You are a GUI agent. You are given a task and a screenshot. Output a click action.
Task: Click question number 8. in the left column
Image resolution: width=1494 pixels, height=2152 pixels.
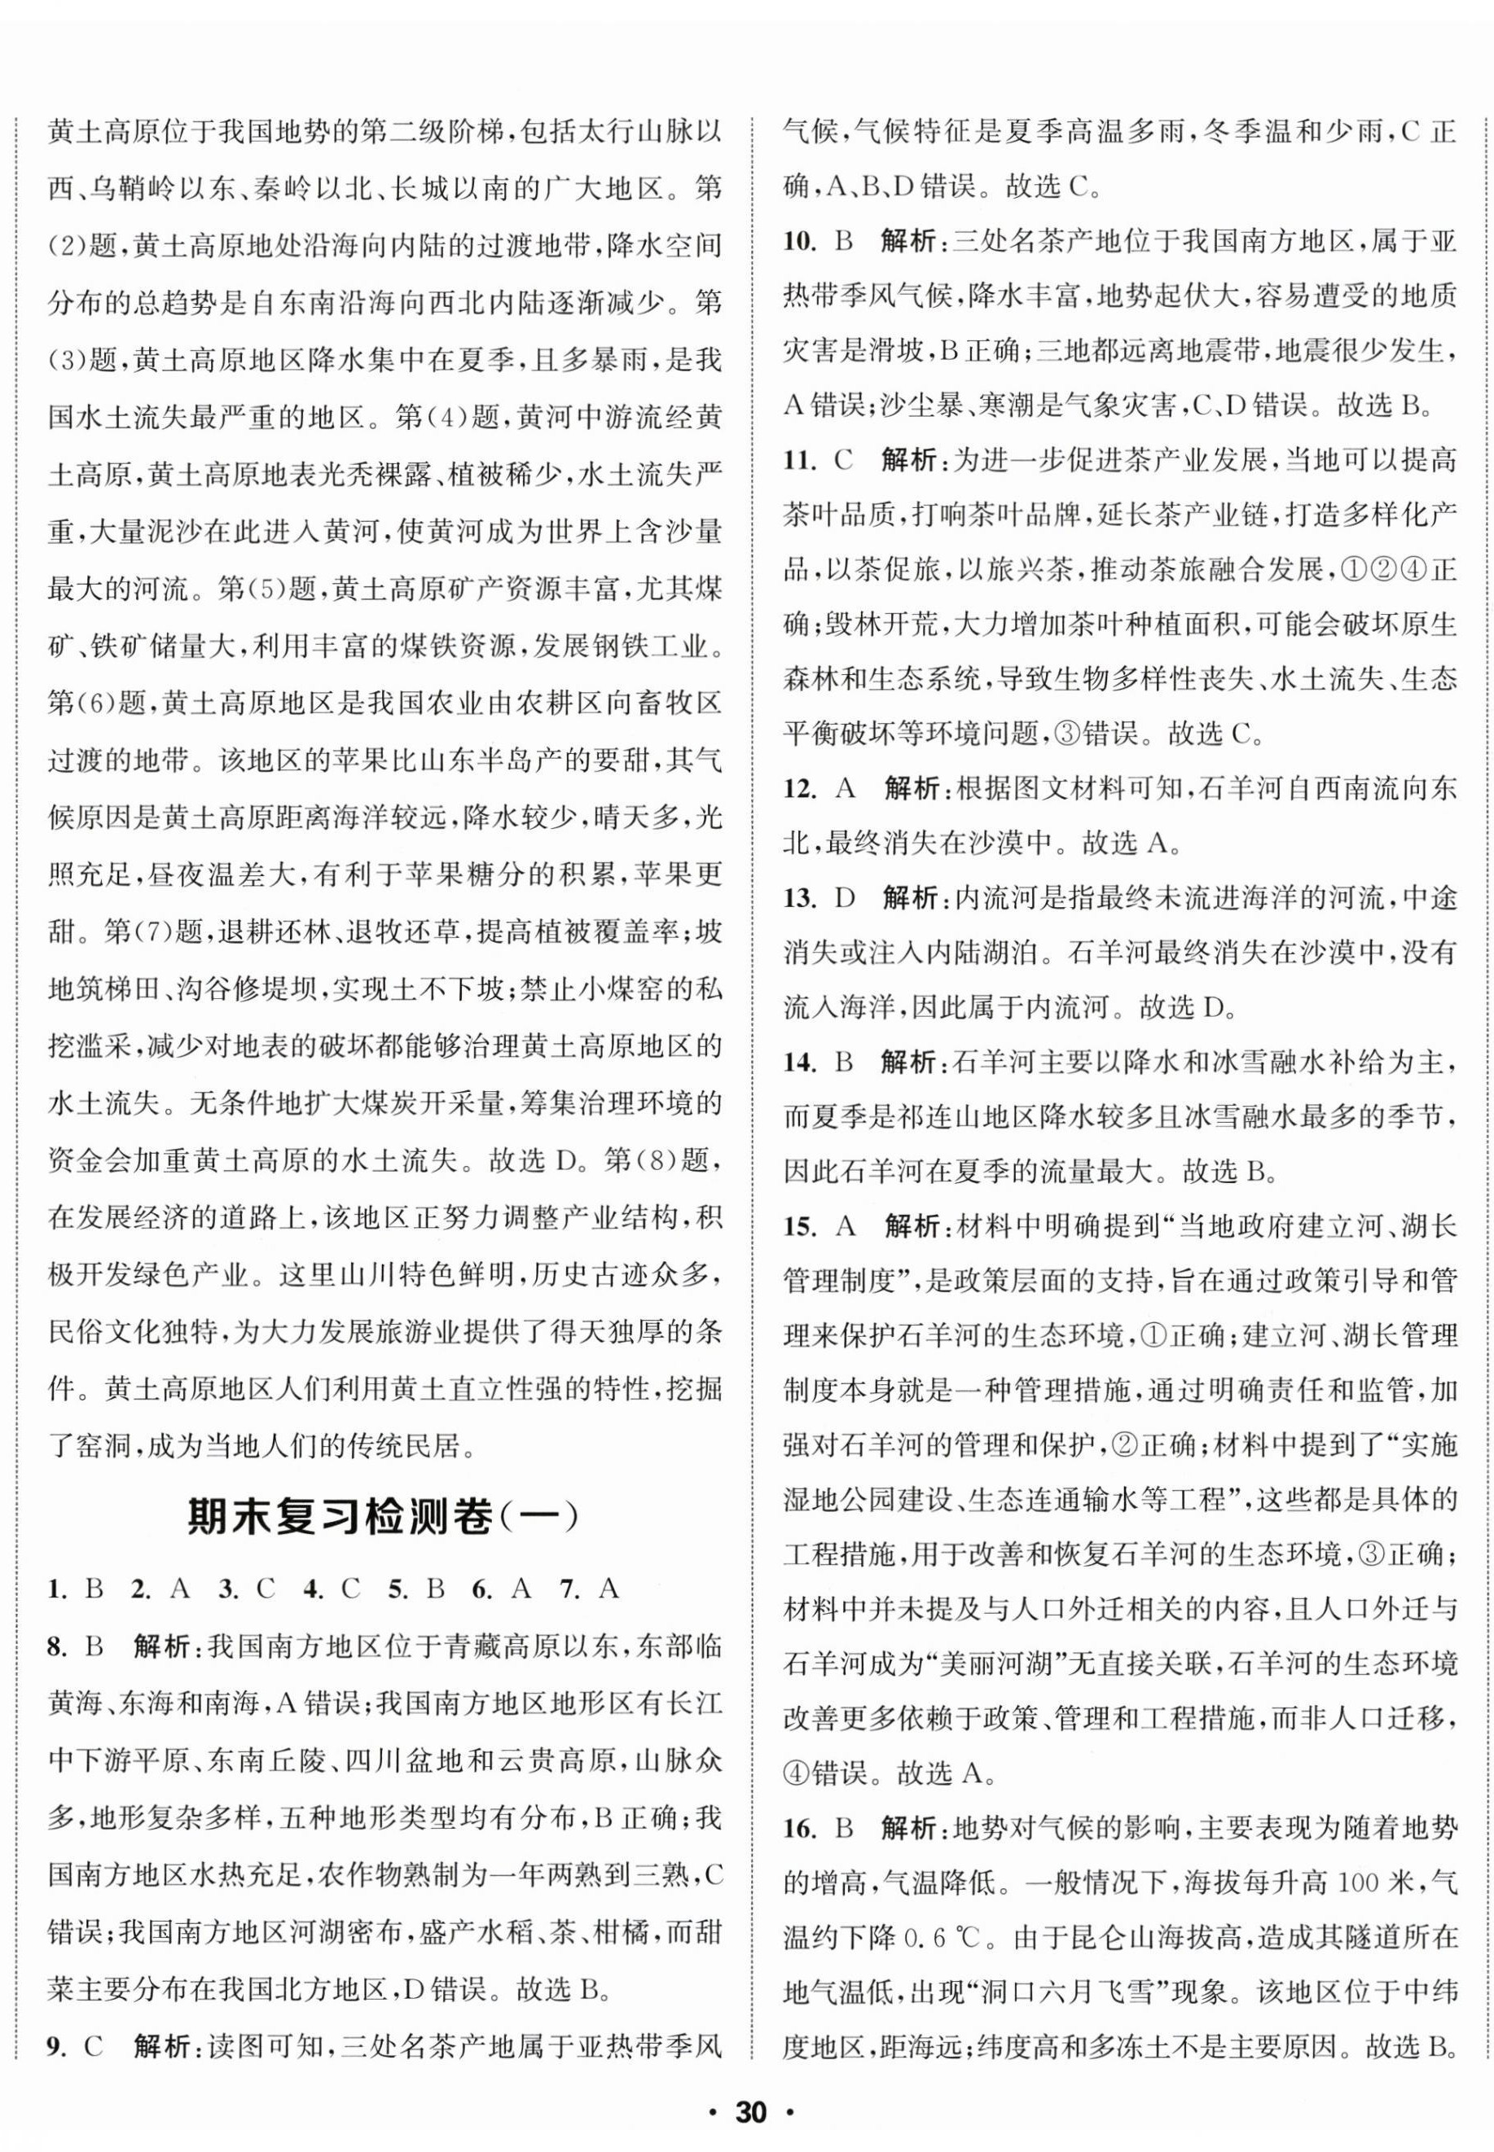click(x=60, y=1673)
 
